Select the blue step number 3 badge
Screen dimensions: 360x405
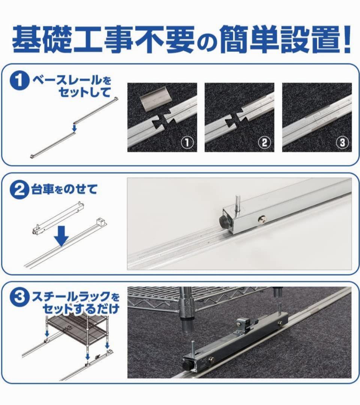(18, 298)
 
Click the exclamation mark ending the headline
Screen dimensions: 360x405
(345, 39)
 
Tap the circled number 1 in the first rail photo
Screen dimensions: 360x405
(187, 142)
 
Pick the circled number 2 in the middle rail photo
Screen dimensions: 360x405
(264, 142)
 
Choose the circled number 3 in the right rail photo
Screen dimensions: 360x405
(342, 142)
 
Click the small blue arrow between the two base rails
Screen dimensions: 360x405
(74, 127)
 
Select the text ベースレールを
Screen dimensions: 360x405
(72, 81)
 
